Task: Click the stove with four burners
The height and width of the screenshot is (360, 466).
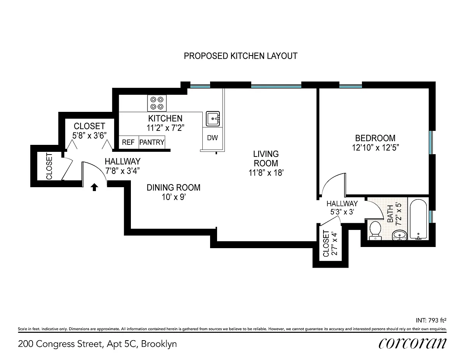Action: pyautogui.click(x=157, y=103)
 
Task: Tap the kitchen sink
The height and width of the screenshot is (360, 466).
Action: pyautogui.click(x=213, y=118)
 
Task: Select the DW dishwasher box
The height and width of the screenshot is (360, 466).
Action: pyautogui.click(x=212, y=138)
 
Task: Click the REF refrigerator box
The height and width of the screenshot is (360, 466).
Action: pyautogui.click(x=129, y=142)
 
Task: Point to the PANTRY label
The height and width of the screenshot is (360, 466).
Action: pyautogui.click(x=152, y=142)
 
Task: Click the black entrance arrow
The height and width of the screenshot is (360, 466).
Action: pyautogui.click(x=94, y=187)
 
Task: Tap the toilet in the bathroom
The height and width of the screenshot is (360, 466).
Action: pyautogui.click(x=375, y=231)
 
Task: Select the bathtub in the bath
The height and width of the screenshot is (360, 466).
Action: pyautogui.click(x=418, y=219)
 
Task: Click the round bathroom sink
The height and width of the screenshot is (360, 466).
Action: pyautogui.click(x=399, y=235)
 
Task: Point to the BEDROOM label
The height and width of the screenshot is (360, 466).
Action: pyautogui.click(x=375, y=138)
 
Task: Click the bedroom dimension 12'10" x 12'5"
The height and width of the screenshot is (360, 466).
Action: pyautogui.click(x=375, y=148)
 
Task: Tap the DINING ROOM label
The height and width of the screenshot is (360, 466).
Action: pyautogui.click(x=174, y=188)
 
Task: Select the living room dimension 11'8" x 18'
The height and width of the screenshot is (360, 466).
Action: pyautogui.click(x=266, y=173)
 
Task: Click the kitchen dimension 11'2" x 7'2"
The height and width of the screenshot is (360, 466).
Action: pyautogui.click(x=165, y=128)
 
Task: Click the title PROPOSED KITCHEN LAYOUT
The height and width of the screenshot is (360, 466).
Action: pyautogui.click(x=241, y=56)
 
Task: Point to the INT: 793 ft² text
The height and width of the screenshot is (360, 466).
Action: pyautogui.click(x=431, y=320)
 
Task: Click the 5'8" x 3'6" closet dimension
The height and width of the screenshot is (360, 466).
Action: pyautogui.click(x=89, y=136)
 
